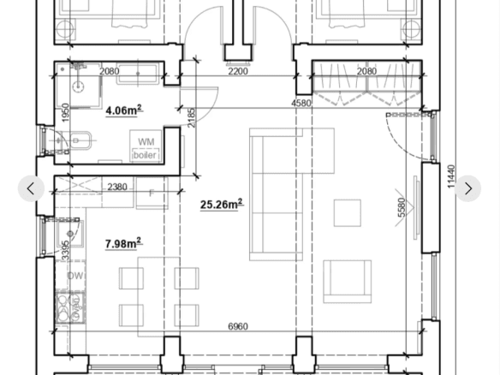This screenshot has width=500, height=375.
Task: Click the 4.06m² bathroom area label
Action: pyautogui.click(x=124, y=110)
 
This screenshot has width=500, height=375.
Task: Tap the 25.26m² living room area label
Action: pyautogui.click(x=222, y=204)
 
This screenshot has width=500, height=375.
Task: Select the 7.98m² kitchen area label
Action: pyautogui.click(x=123, y=243)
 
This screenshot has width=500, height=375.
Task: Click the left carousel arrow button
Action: pyautogui.click(x=31, y=188)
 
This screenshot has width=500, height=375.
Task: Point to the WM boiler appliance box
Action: pyautogui.click(x=146, y=146)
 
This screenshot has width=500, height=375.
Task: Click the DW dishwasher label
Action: pyautogui.click(x=75, y=276)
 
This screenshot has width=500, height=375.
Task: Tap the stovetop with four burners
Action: pyautogui.click(x=70, y=308)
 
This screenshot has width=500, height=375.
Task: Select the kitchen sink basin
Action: pyautogui.click(x=70, y=234)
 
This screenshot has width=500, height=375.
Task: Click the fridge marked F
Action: pyautogui.click(x=152, y=193)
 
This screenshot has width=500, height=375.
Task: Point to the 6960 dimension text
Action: pyautogui.click(x=238, y=326)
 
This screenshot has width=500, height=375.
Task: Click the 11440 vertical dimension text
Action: pyautogui.click(x=451, y=176)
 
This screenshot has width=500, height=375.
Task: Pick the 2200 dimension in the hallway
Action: pyautogui.click(x=238, y=71)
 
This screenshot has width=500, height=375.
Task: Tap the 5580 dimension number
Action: pyautogui.click(x=402, y=207)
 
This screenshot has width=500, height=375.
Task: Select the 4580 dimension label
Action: pyautogui.click(x=301, y=103)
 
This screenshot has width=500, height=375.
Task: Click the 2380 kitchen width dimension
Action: pyautogui.click(x=117, y=187)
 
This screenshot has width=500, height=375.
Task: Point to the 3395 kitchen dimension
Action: pyautogui.click(x=65, y=251)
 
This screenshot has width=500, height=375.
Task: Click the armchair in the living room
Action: pyautogui.click(x=348, y=281)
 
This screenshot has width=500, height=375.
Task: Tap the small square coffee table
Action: pyautogui.click(x=348, y=213)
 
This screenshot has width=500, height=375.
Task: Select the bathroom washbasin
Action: pyautogui.click(x=80, y=140)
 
